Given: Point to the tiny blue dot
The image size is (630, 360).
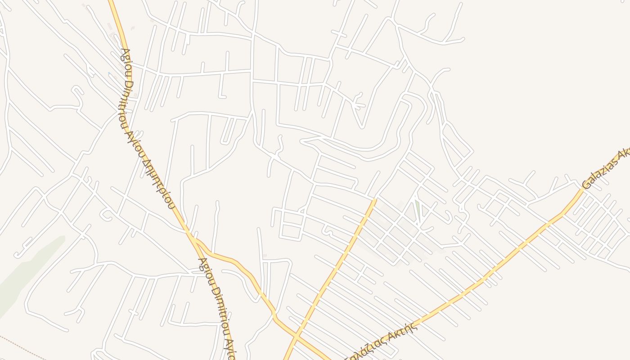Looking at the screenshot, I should tap(108, 73).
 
